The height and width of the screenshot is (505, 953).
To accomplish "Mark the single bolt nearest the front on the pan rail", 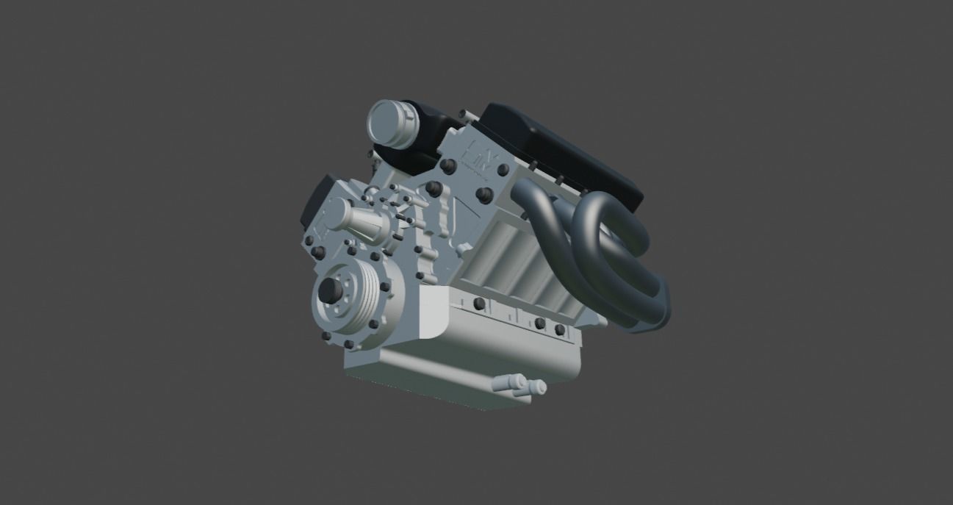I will (479, 303).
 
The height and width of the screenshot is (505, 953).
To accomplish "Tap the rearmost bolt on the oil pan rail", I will (559, 330).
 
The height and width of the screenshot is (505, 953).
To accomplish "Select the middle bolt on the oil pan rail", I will (540, 323).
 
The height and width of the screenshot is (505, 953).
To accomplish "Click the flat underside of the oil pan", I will (456, 375).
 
